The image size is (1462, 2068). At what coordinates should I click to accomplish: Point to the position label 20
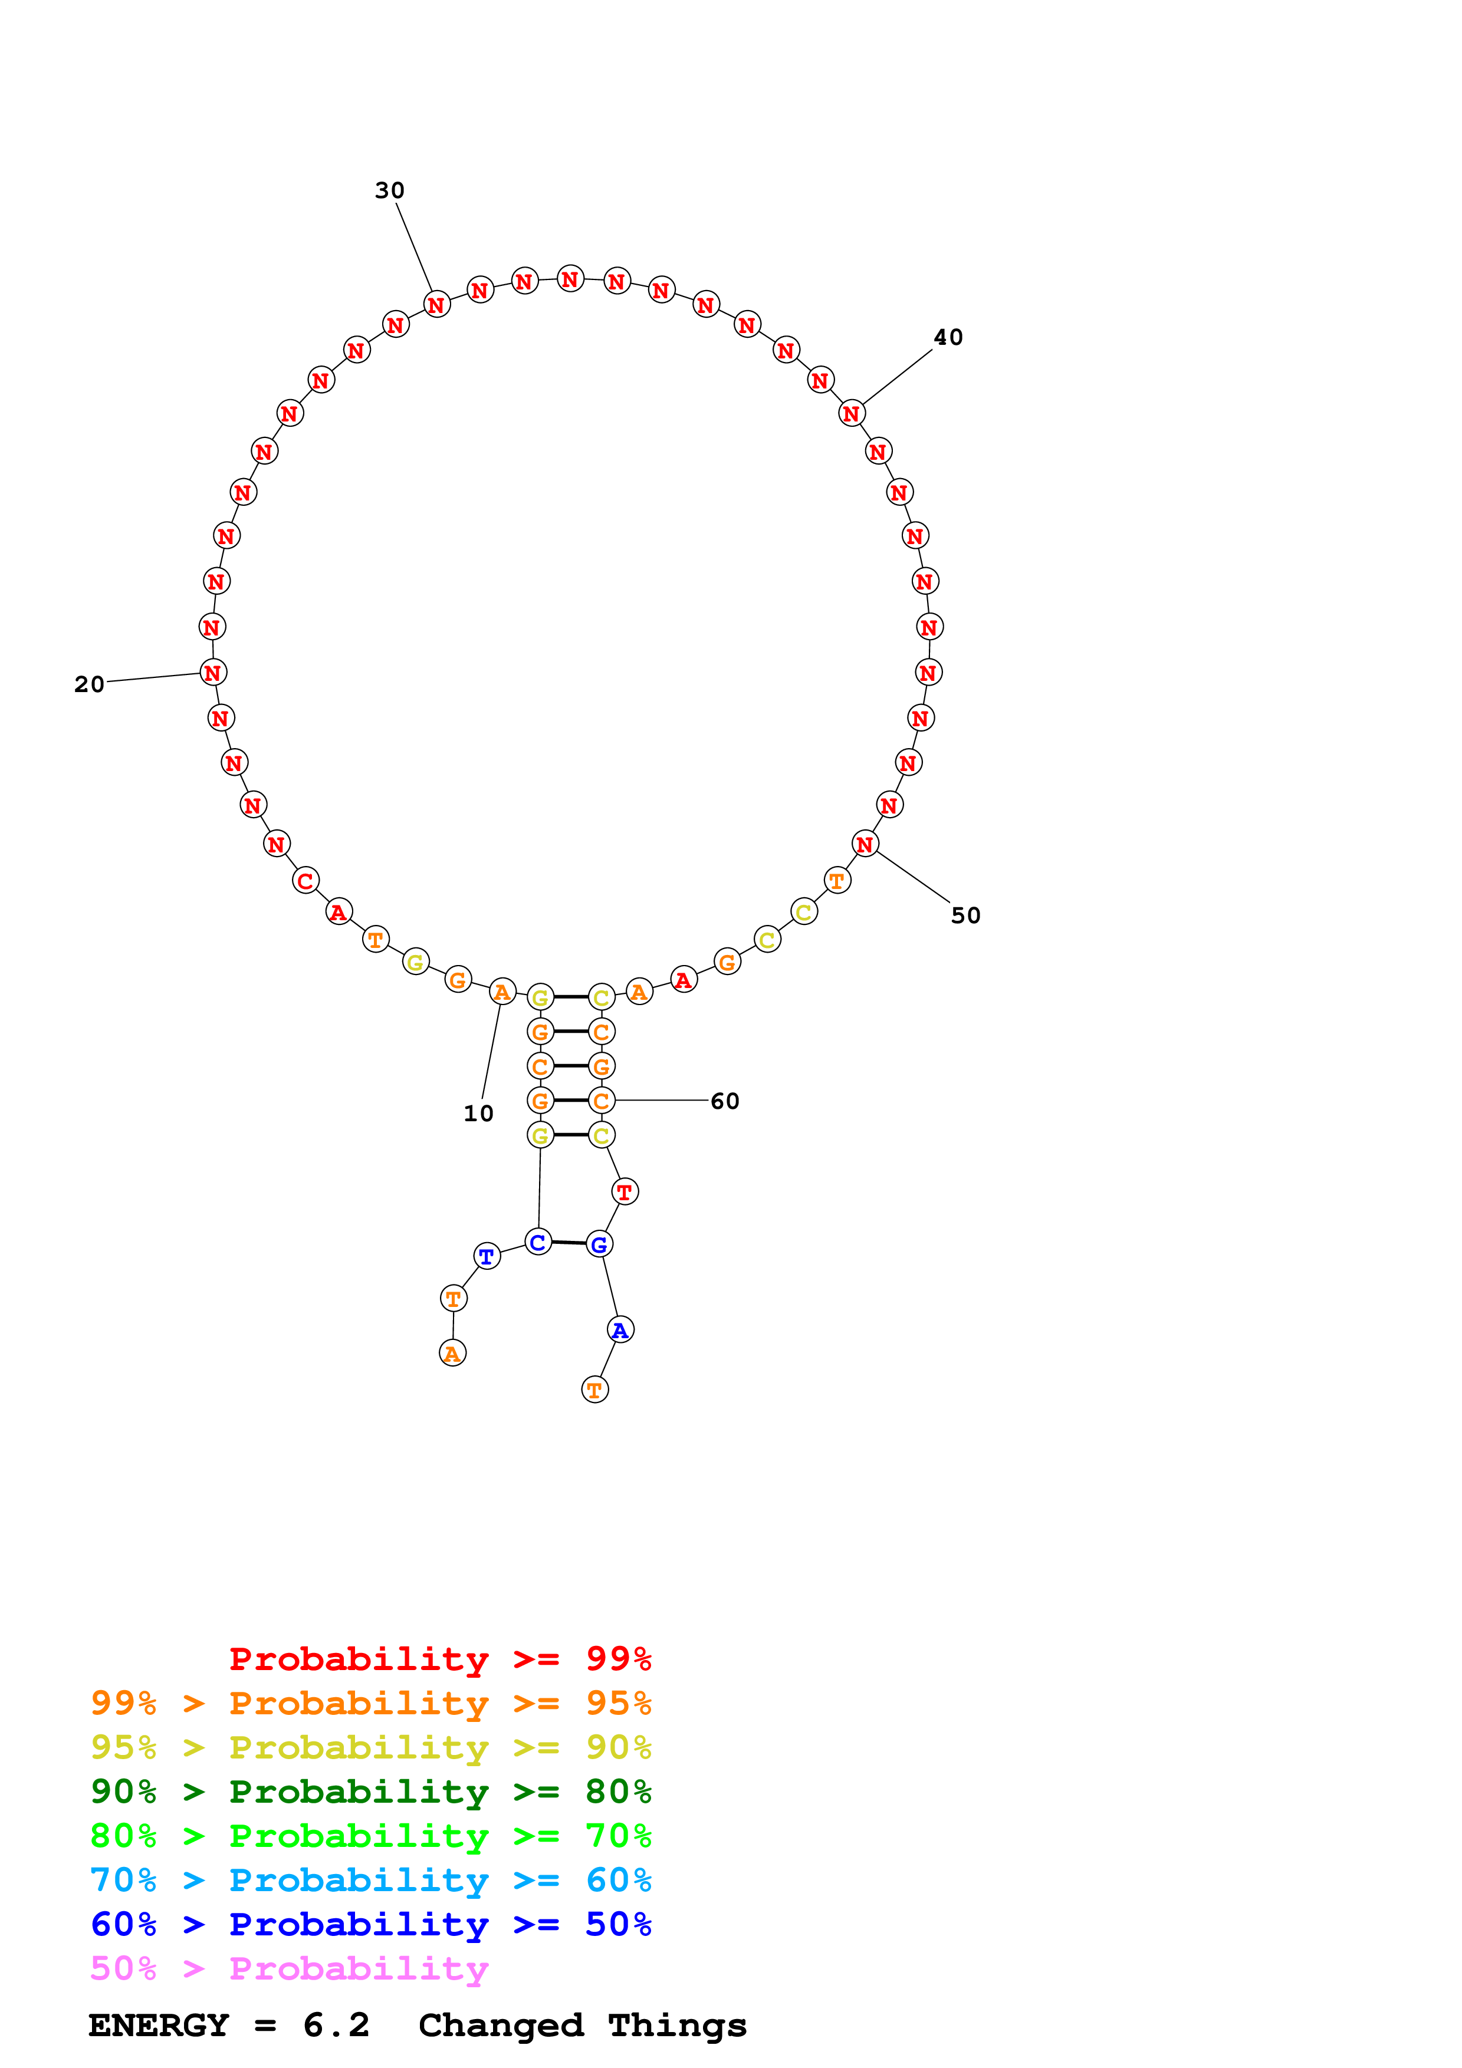(89, 684)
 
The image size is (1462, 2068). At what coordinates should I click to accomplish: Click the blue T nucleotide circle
(487, 1256)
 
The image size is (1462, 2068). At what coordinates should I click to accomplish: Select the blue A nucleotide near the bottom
(620, 1329)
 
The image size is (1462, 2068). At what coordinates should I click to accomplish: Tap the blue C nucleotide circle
(538, 1243)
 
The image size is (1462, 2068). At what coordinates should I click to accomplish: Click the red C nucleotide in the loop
(305, 881)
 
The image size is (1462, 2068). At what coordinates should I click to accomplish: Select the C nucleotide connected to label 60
(602, 1101)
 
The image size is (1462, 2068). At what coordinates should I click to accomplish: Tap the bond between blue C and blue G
(569, 1243)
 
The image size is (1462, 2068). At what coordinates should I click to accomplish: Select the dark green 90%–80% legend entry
(370, 1792)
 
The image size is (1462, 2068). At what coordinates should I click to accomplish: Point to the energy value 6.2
(336, 2026)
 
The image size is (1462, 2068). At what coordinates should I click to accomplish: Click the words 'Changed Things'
(582, 2026)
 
